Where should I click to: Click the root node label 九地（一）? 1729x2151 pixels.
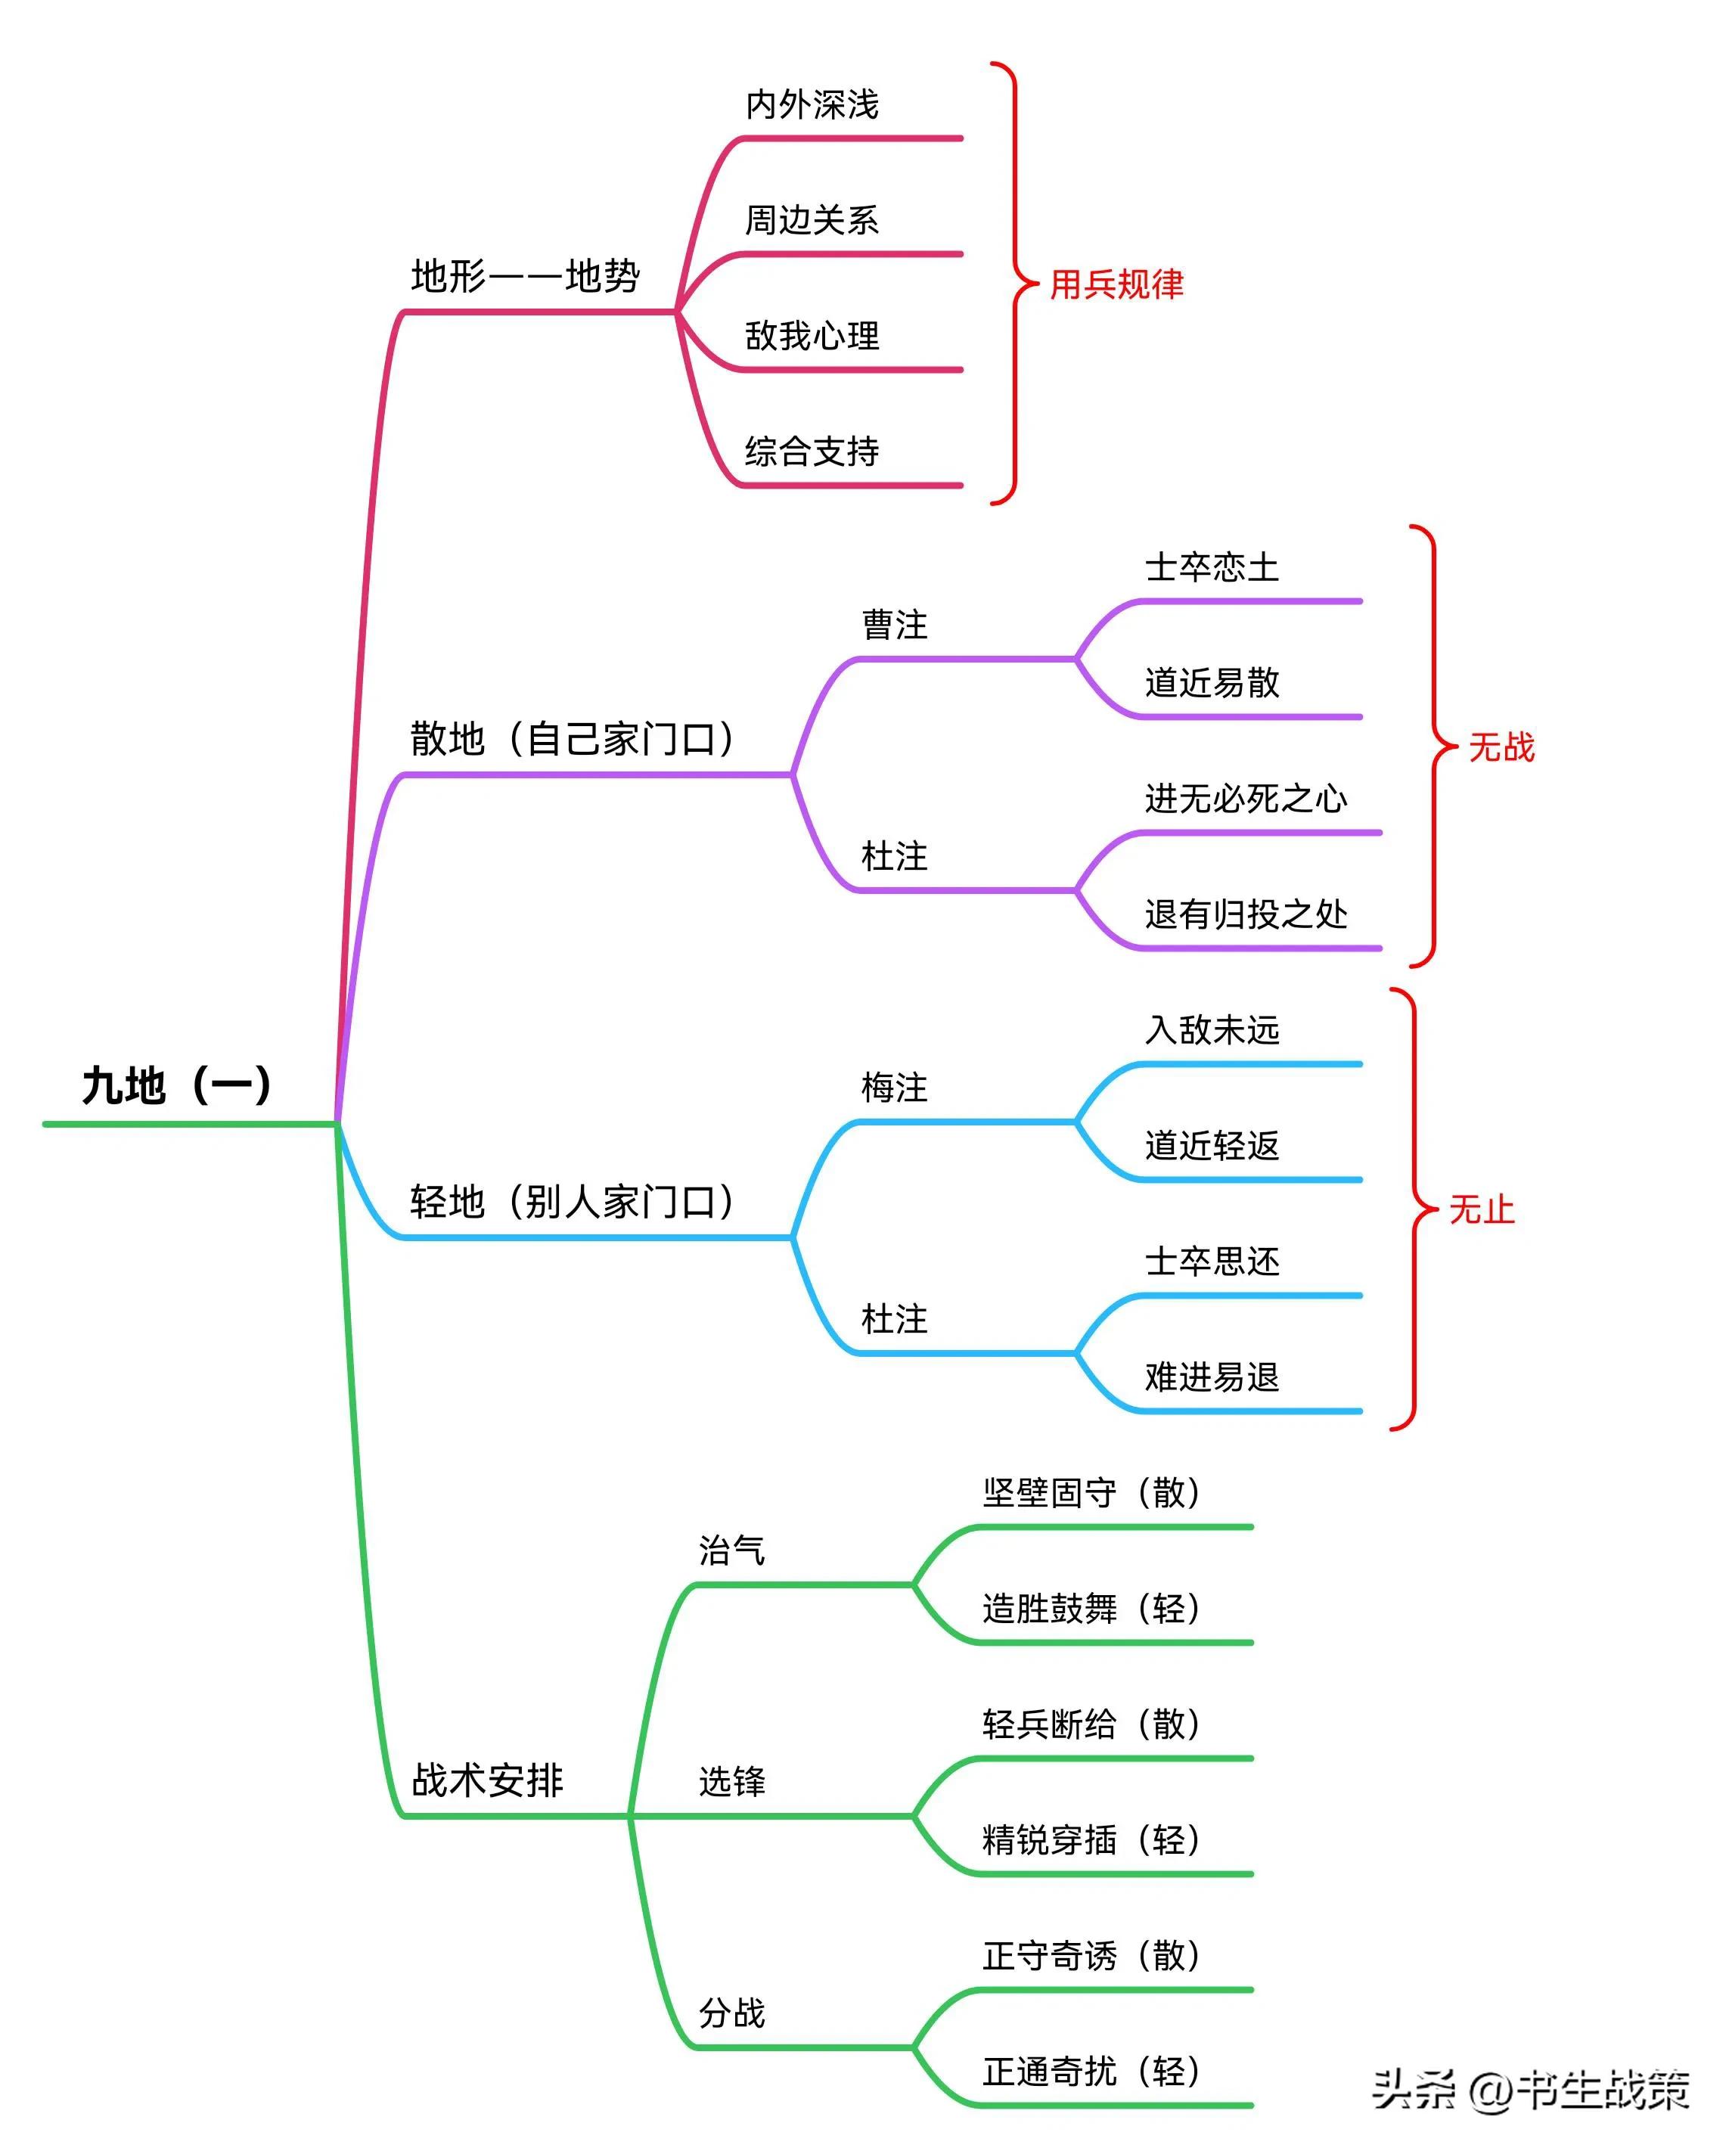pos(176,1085)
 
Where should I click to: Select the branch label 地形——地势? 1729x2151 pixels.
pos(526,275)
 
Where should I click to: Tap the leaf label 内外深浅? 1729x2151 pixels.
pos(812,104)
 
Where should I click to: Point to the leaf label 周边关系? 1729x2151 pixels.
pos(812,219)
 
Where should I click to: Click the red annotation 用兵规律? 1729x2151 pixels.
pos(1116,284)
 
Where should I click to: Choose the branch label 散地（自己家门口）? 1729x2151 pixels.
pos(573,738)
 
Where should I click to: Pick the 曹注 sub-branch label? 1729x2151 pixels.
pos(895,625)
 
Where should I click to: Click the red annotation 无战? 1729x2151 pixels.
pos(1501,747)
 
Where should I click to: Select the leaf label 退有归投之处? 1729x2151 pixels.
pos(1246,914)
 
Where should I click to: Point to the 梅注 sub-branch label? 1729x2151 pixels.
pos(895,1088)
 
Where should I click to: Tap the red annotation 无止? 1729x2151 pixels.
pos(1482,1210)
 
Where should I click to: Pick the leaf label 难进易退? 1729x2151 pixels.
pos(1212,1377)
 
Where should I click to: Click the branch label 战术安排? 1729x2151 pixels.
pos(488,1781)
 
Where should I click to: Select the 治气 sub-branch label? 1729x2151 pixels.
pos(731,1550)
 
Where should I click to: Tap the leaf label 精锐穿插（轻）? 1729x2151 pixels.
pos(1091,1839)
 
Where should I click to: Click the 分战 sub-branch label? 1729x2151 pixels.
pos(731,2013)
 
